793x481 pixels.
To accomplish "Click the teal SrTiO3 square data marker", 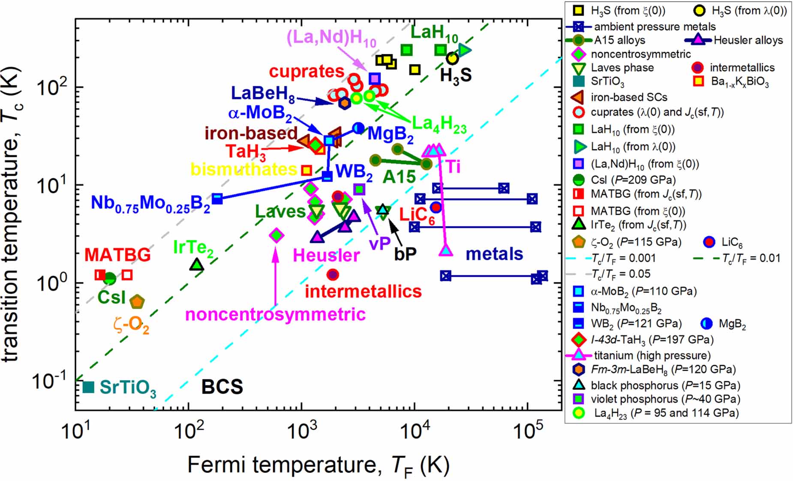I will pos(88,387).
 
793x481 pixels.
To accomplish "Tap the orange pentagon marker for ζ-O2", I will pos(137,302).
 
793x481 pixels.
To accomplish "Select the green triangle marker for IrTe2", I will pos(197,265).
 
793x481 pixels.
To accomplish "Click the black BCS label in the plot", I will pos(222,387).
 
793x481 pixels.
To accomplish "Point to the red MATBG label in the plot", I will pos(117,255).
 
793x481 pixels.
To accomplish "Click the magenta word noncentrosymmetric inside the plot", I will pos(275,314).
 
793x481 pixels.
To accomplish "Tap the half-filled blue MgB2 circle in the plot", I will pos(358,128).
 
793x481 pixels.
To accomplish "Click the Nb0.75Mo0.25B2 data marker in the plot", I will pos(217,199).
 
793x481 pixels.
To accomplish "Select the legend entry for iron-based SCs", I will pos(629,97).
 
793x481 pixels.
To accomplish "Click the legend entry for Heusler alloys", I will pos(748,40).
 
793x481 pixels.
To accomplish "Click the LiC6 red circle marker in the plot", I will pos(436,207).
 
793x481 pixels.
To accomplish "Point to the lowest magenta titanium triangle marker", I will pos(446,251).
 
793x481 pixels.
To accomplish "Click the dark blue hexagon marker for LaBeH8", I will pos(344,103).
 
